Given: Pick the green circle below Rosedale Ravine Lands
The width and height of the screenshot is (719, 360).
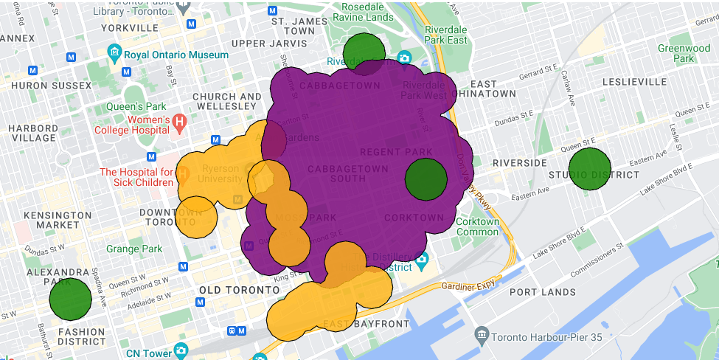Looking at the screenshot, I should (x=366, y=52).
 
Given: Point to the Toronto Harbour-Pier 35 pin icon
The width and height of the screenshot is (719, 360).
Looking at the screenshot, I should (x=482, y=336).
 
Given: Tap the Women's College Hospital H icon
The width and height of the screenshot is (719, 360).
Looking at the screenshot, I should (x=179, y=121).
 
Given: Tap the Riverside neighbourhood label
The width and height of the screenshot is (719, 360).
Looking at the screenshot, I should (x=519, y=162).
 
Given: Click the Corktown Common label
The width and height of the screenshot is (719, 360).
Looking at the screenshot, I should (x=477, y=226).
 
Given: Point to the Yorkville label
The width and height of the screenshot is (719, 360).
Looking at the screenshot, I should (x=110, y=28).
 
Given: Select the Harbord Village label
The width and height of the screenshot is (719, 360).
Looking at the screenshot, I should (x=33, y=133).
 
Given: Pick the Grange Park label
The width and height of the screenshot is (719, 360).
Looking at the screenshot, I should (x=134, y=249).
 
